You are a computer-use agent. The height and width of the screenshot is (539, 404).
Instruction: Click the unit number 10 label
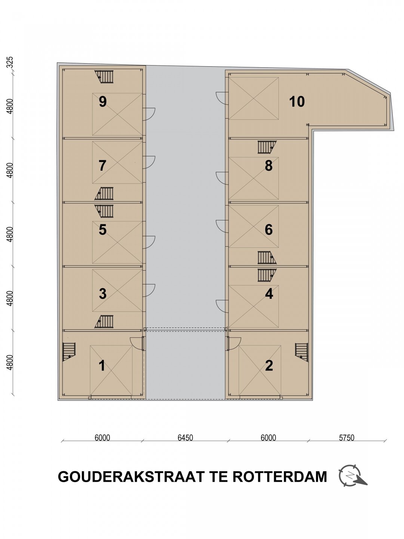tap(297, 101)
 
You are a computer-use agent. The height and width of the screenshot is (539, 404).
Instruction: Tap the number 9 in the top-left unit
tap(103, 101)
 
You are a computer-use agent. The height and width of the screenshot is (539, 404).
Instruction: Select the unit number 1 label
tap(102, 366)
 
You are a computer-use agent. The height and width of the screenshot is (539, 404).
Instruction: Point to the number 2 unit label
tap(269, 366)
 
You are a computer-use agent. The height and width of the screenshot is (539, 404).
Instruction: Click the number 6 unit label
tap(269, 229)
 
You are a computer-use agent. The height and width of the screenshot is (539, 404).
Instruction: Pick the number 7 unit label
tap(102, 165)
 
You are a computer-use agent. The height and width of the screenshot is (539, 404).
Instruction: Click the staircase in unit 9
tap(104, 77)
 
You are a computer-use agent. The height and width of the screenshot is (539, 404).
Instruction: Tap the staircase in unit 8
tap(267, 147)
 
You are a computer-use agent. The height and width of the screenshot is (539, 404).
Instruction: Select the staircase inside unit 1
tap(69, 352)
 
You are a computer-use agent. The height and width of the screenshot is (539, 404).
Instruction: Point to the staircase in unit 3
tap(104, 322)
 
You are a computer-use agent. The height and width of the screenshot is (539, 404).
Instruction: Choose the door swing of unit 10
tap(222, 98)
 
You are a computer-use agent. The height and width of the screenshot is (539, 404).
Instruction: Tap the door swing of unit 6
tap(222, 226)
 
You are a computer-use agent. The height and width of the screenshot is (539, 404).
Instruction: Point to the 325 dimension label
tap(10, 63)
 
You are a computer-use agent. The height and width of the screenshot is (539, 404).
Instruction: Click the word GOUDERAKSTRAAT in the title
tap(131, 477)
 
